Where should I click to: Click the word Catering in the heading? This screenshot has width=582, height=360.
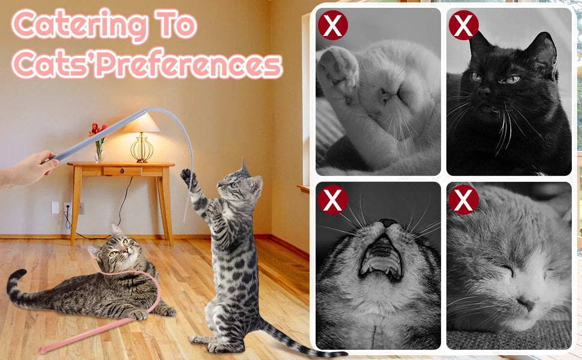79,25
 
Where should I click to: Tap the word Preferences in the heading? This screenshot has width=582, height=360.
190,64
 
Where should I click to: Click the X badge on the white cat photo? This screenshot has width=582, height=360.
332,25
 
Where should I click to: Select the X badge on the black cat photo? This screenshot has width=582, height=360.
464,25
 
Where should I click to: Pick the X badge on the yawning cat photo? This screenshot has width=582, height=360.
332,200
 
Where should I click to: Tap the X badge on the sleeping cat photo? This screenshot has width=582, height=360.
464,200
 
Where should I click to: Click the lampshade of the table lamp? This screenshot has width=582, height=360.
142,123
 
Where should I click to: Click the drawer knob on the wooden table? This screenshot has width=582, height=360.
122,171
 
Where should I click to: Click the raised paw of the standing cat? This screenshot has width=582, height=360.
188,176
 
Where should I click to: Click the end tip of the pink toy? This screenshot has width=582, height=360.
42,350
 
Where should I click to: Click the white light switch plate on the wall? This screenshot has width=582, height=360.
55,208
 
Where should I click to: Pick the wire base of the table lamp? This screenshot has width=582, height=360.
142,148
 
